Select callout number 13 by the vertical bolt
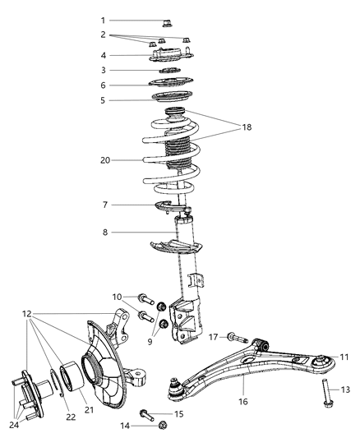tap(345, 389)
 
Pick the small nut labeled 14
tap(162, 425)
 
